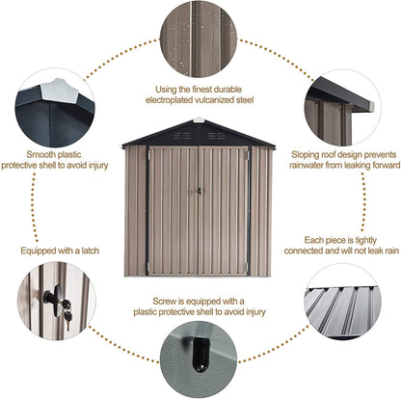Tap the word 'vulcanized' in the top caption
pos(231,99)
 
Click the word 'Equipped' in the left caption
pos(41,251)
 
